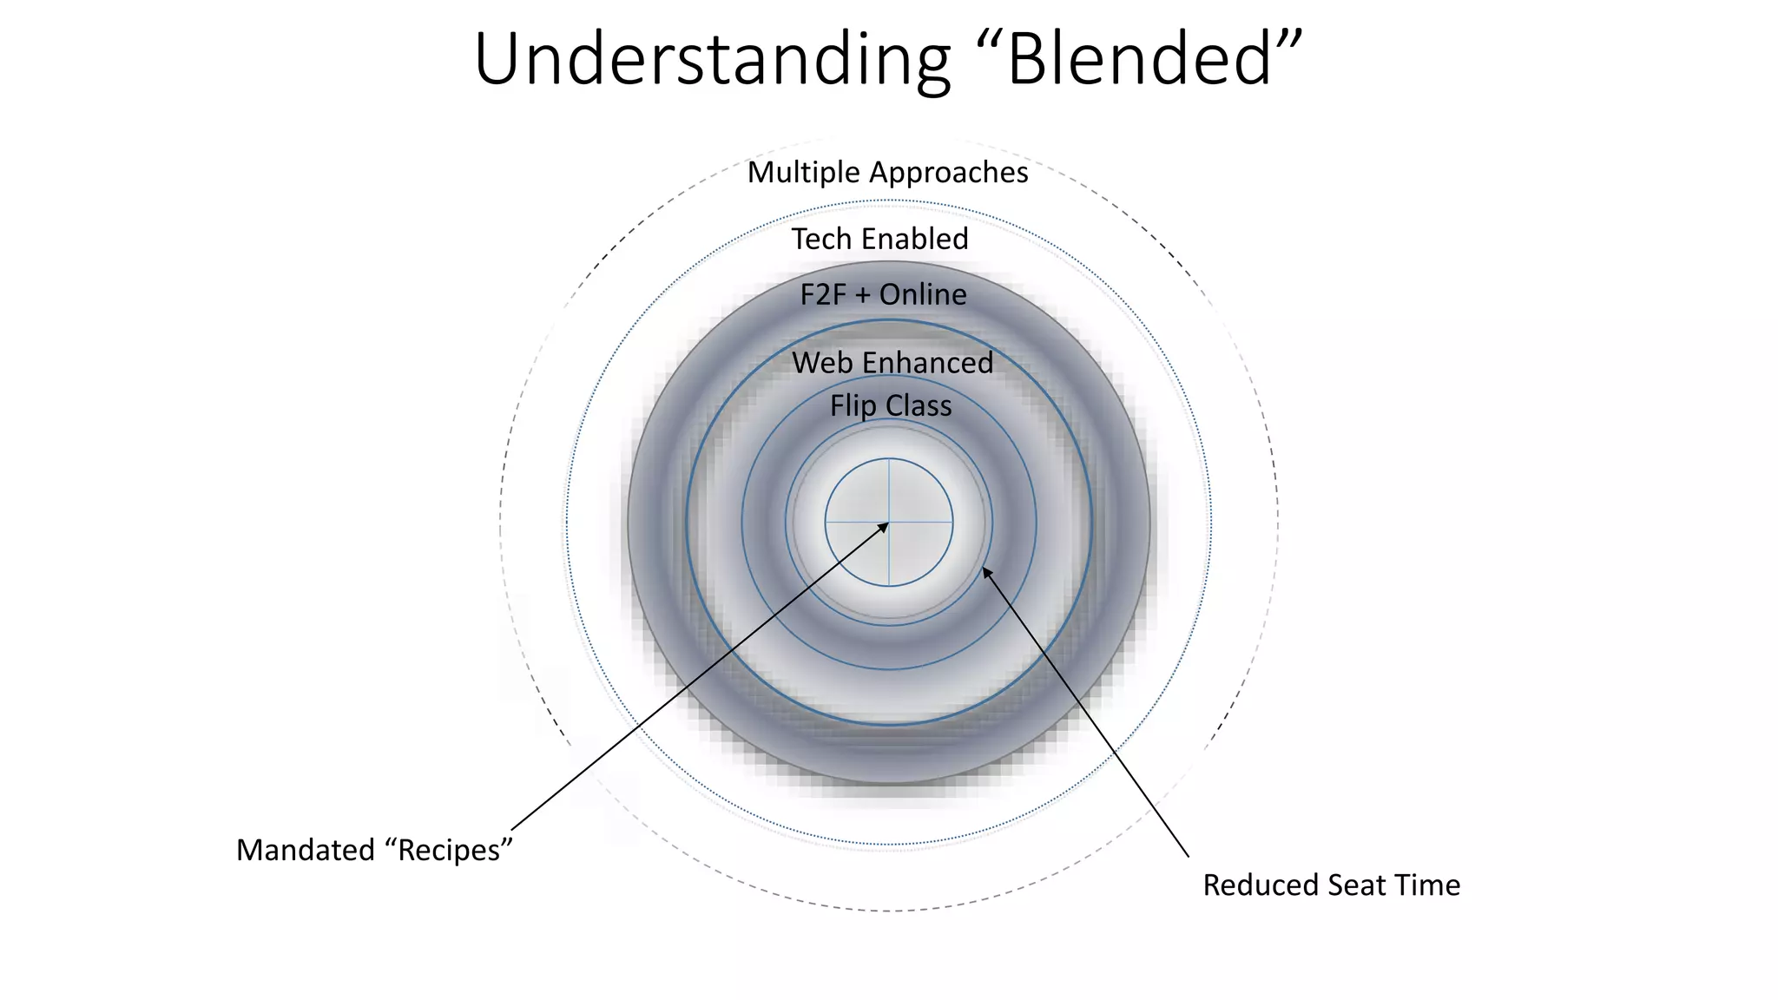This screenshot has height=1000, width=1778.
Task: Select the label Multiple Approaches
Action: tap(887, 173)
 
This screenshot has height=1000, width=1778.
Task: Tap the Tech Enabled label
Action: tap(879, 239)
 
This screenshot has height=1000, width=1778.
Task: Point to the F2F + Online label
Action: tap(883, 295)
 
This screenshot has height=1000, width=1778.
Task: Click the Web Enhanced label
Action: tap(892, 363)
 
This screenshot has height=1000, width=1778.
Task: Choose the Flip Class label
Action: tap(891, 406)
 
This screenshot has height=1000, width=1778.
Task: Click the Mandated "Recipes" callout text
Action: tap(374, 850)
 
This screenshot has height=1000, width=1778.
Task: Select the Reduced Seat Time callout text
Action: tap(1331, 885)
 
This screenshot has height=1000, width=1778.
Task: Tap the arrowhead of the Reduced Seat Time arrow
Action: tap(986, 572)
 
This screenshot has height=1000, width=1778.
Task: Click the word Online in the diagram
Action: tap(923, 295)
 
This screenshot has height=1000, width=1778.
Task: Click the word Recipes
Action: tap(449, 850)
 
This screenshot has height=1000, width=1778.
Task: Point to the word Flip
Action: tap(853, 406)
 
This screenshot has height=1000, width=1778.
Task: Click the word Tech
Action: tap(821, 239)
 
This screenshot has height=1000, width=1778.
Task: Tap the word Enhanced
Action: tap(927, 363)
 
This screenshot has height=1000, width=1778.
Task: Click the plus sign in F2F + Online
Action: tap(862, 296)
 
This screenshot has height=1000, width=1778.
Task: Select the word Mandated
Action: tap(306, 850)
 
